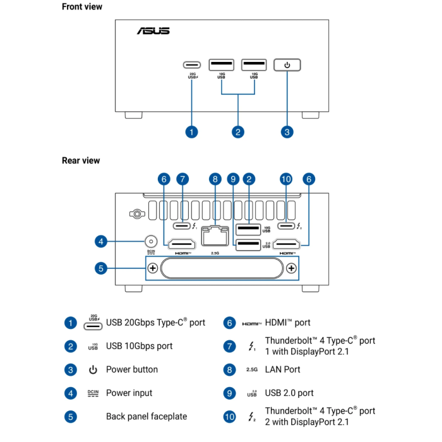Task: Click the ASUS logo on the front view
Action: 153,30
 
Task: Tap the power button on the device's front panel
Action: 287,64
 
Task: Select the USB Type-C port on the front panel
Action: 192,64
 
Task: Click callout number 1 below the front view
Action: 192,131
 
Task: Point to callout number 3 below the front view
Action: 287,131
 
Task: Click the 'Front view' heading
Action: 82,7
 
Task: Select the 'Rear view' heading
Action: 81,160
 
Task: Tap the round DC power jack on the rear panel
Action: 151,241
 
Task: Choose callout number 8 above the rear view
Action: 215,179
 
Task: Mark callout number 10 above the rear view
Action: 285,179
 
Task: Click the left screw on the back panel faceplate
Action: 152,268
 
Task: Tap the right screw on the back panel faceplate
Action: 291,268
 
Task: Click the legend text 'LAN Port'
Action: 283,369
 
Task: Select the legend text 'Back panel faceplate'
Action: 146,416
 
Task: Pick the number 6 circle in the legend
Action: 229,323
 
